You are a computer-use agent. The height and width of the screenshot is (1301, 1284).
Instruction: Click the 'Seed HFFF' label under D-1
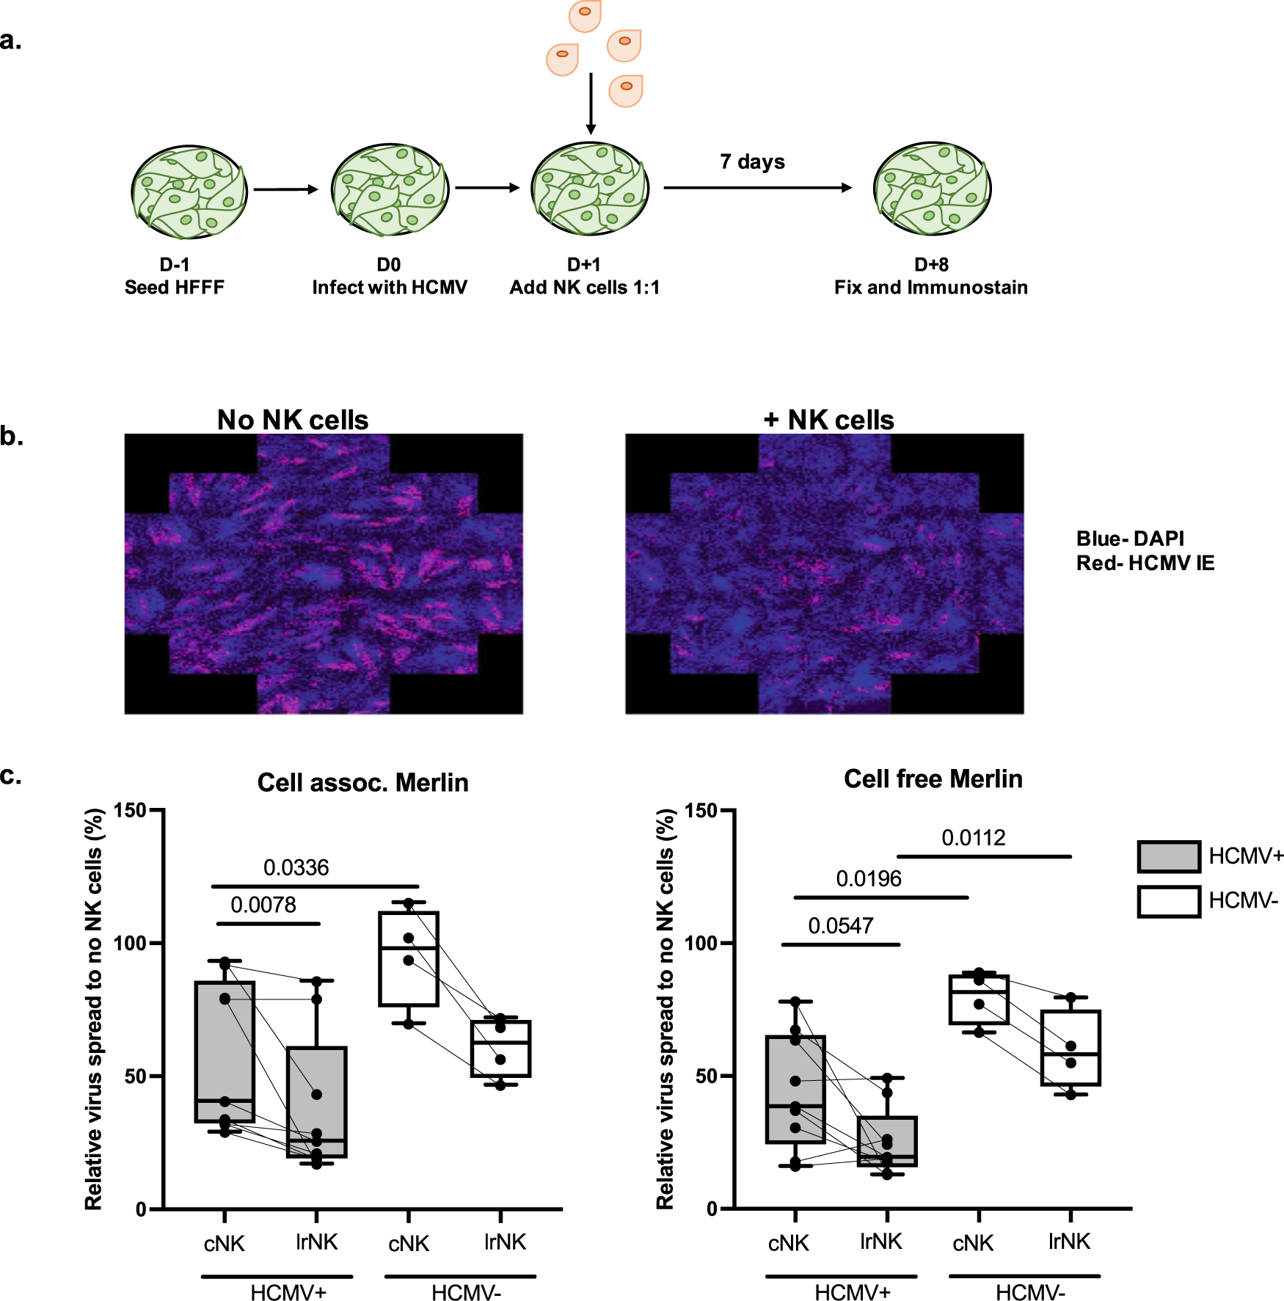[175, 288]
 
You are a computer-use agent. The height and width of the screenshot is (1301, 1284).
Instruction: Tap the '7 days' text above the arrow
[752, 161]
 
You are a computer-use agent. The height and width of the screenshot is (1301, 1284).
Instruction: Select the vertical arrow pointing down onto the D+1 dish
[591, 103]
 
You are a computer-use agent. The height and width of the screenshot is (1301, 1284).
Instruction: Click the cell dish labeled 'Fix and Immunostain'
[932, 189]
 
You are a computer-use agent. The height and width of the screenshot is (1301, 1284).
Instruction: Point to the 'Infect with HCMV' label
[390, 288]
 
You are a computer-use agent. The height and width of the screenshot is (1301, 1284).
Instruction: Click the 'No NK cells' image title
[293, 420]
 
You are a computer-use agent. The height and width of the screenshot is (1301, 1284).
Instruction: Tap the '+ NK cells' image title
[829, 420]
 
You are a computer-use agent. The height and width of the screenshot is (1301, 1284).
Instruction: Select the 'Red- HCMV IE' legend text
[1145, 564]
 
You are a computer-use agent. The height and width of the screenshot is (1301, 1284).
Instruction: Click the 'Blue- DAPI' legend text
[1130, 539]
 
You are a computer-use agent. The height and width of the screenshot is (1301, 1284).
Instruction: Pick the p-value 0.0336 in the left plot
[296, 868]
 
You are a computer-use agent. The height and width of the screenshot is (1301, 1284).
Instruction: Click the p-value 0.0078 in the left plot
[263, 905]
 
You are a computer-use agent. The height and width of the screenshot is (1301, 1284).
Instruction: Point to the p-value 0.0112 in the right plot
[973, 838]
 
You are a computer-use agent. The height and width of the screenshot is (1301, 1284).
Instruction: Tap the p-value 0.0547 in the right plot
[840, 926]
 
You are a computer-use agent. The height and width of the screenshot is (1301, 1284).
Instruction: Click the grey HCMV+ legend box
[1169, 856]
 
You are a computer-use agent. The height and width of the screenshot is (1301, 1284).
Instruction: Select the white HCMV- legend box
[1169, 901]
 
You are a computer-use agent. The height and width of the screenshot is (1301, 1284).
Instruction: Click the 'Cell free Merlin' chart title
[933, 779]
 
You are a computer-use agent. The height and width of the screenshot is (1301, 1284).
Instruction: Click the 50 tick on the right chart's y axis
[706, 1076]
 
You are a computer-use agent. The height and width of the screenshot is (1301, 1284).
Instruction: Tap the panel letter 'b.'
[12, 437]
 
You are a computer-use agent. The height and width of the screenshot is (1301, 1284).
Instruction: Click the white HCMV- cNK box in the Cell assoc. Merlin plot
[409, 959]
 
